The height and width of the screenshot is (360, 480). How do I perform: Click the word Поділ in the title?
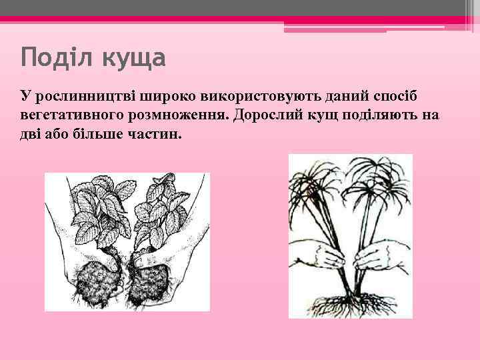tap(56, 59)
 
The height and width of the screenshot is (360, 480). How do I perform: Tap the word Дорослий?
tap(269, 115)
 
